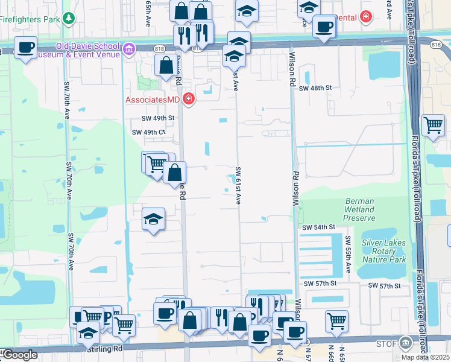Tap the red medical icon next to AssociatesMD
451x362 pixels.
tap(189, 98)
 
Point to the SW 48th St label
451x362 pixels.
tap(315, 87)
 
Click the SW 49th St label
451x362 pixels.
tap(157, 118)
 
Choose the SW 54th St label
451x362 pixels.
tap(318, 227)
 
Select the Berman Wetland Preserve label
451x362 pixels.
tap(360, 209)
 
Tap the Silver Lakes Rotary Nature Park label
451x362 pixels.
tap(383, 250)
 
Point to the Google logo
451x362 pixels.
tap(19, 355)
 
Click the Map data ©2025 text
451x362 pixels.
tap(426, 357)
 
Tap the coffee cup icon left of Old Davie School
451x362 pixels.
tap(25, 48)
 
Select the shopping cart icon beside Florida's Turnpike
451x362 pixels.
tap(433, 125)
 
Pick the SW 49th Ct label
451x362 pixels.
tap(148, 132)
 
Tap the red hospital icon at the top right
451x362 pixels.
tap(365, 17)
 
